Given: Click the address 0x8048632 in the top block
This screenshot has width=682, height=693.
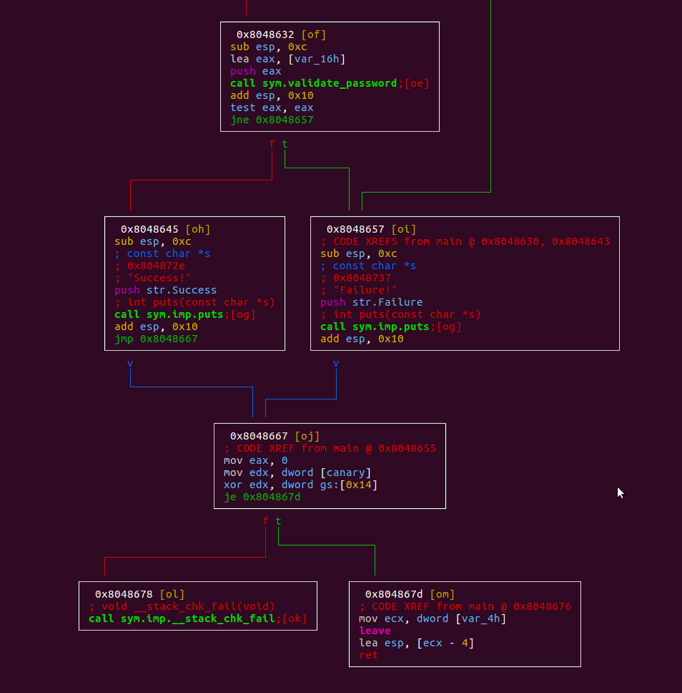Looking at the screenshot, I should (x=265, y=35).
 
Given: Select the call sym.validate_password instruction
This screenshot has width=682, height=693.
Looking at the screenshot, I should (x=314, y=83).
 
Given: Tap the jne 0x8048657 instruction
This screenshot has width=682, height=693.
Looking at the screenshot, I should (x=272, y=120).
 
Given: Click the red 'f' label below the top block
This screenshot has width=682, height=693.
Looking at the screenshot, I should (x=272, y=144).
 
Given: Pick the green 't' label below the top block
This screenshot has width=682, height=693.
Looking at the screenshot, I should (x=284, y=144).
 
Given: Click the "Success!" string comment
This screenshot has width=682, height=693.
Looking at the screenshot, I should (x=159, y=278).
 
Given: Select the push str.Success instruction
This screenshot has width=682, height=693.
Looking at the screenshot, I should (x=166, y=290).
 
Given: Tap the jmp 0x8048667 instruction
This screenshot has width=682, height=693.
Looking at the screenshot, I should (x=156, y=339).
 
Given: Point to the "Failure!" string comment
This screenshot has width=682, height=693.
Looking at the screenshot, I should (x=365, y=290).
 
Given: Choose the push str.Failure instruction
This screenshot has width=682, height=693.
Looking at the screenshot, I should (x=371, y=302).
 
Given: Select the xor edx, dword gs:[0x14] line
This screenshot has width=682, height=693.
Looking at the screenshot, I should (x=301, y=485).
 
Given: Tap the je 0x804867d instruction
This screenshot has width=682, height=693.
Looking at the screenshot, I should (x=262, y=497).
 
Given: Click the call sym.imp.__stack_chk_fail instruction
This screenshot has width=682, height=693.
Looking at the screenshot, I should (x=182, y=618).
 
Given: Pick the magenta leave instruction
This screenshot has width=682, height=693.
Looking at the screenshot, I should (x=375, y=631).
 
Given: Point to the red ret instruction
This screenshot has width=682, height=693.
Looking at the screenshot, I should (x=368, y=655).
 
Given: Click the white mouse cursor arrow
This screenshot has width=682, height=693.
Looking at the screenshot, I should (x=620, y=493).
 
